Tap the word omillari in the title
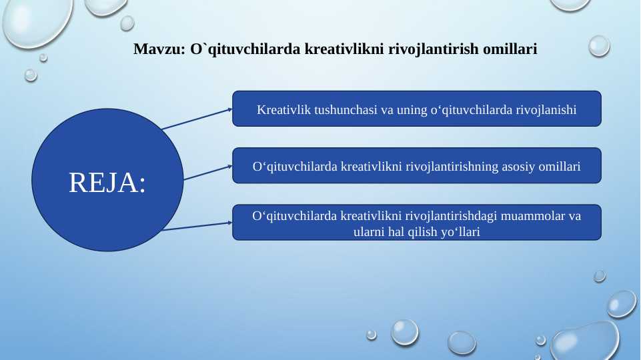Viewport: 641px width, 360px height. (x=510, y=49)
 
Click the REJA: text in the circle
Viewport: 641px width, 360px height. (x=107, y=182)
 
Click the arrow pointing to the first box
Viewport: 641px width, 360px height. (x=197, y=119)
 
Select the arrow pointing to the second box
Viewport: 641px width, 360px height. (x=208, y=173)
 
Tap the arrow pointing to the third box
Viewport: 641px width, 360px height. (x=197, y=227)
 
